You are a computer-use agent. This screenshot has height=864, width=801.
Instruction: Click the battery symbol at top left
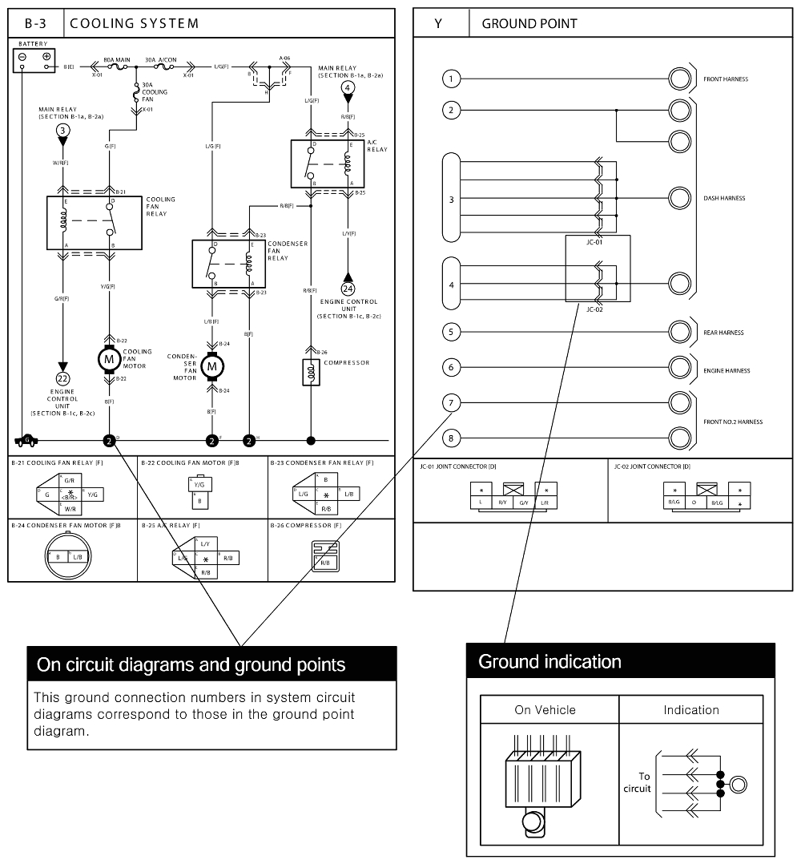pyautogui.click(x=34, y=59)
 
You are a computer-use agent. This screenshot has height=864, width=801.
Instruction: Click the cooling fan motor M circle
pyautogui.click(x=108, y=360)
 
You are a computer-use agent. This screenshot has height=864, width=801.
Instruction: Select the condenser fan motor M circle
pyautogui.click(x=211, y=366)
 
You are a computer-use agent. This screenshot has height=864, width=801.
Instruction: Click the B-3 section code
pyautogui.click(x=34, y=23)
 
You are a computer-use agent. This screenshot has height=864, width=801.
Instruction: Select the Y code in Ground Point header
pyautogui.click(x=438, y=24)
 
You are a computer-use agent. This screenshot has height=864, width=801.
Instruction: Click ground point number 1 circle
pyautogui.click(x=452, y=79)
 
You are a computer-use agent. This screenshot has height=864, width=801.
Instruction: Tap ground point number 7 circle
pyautogui.click(x=452, y=403)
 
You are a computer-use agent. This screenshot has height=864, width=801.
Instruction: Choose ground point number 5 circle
pyautogui.click(x=452, y=331)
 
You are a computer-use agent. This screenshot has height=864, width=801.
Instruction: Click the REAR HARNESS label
pyautogui.click(x=723, y=333)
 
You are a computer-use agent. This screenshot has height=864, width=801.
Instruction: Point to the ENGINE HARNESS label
pyautogui.click(x=727, y=371)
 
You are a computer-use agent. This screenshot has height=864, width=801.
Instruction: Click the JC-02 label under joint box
pyautogui.click(x=594, y=309)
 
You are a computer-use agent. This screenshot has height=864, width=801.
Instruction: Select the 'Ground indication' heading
pyautogui.click(x=549, y=662)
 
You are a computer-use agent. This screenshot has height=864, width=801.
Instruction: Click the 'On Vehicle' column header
pyautogui.click(x=544, y=710)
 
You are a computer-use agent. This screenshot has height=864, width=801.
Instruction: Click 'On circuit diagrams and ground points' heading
pyautogui.click(x=191, y=664)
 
